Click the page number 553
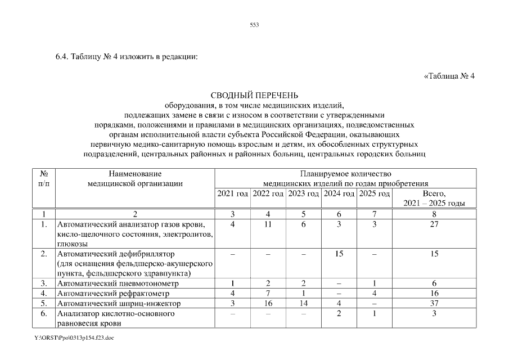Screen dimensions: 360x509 254,25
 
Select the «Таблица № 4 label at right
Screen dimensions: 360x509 449,77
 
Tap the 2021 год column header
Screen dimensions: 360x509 232,193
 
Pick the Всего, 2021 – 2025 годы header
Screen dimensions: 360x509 434,198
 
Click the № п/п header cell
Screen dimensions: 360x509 43,178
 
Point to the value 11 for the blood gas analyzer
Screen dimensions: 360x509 268,225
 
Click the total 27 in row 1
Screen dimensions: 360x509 434,225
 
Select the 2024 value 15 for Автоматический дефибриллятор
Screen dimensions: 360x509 339,254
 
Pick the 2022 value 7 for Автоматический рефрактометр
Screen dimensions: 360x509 268,294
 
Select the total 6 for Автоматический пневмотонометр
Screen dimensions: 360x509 434,283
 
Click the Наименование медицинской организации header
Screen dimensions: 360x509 135,178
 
